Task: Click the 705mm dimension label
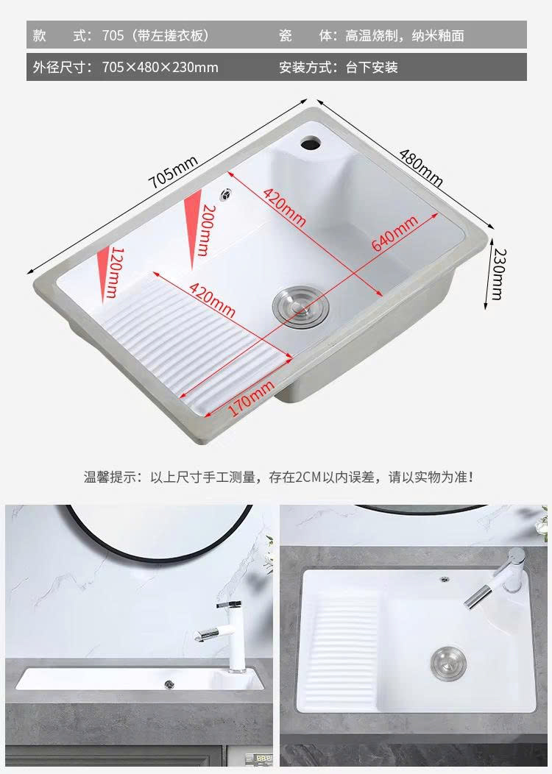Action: (173, 171)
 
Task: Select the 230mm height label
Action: (498, 274)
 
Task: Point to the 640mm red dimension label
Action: (395, 233)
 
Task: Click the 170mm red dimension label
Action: (250, 398)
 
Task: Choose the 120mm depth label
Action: (113, 272)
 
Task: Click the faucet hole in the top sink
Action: (311, 143)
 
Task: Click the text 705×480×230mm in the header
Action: (160, 67)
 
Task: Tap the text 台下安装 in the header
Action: (371, 67)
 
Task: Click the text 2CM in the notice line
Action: (308, 477)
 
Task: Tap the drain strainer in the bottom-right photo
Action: (449, 661)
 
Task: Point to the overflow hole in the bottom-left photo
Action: (169, 684)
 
